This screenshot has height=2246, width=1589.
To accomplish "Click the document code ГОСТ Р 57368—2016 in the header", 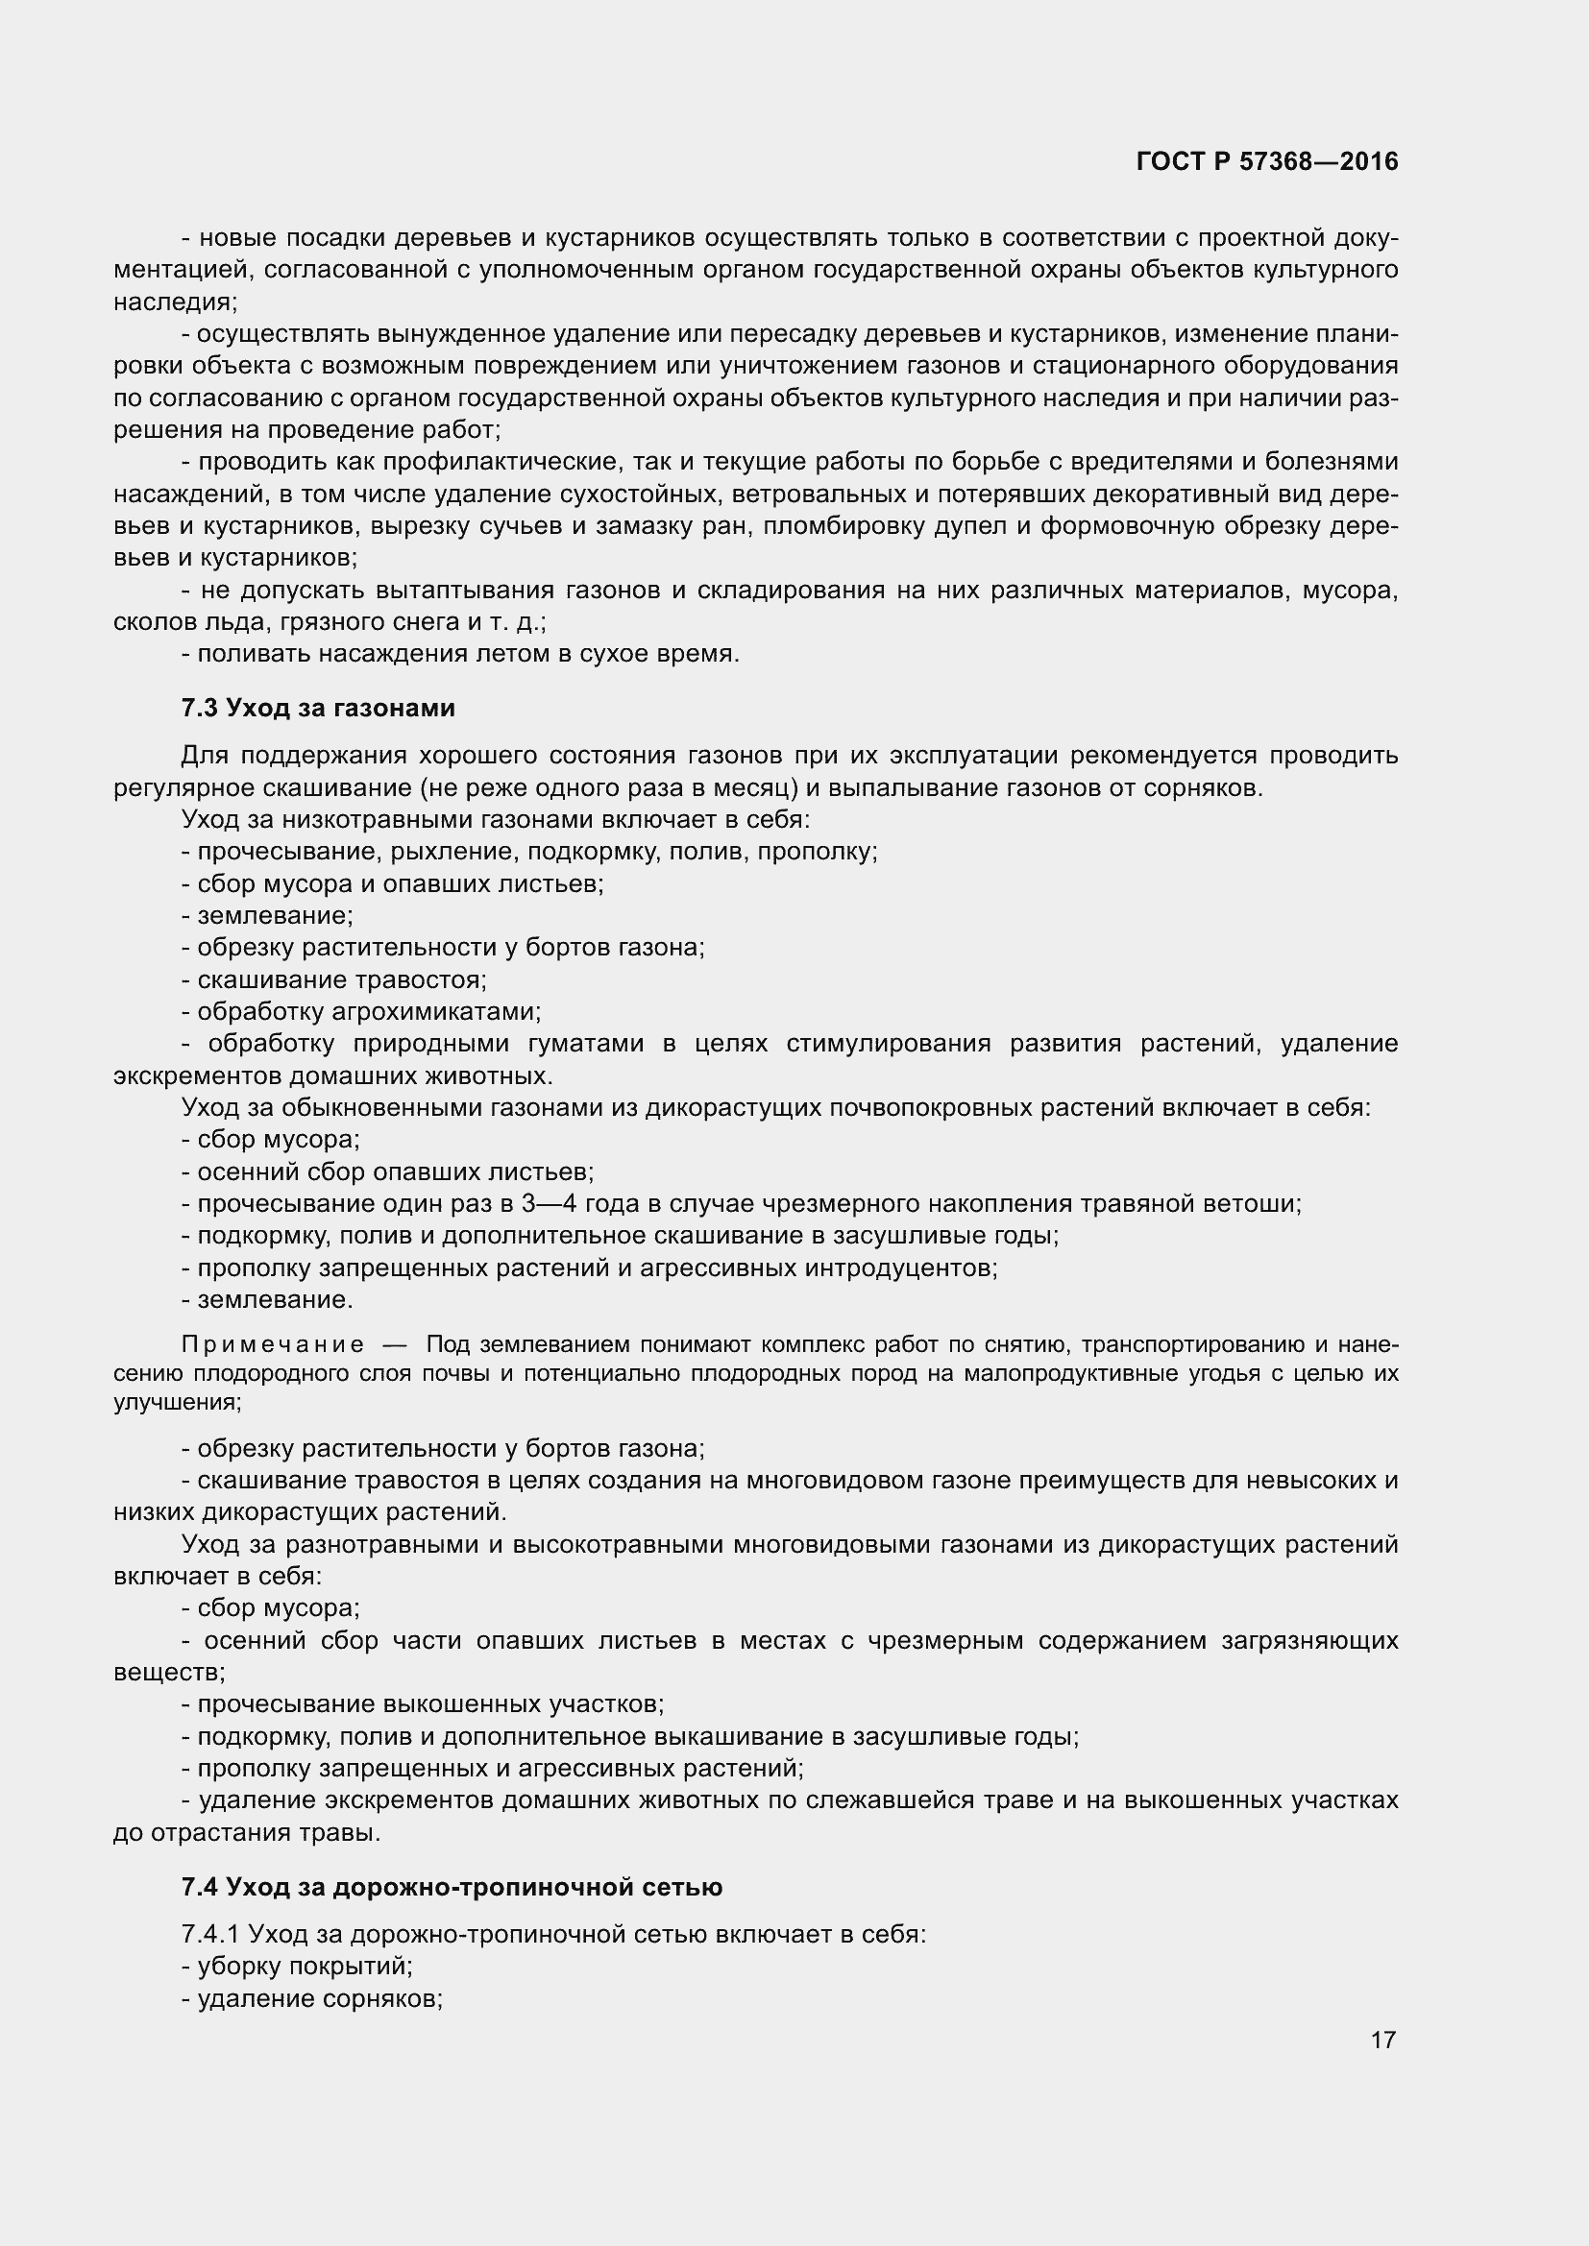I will pyautogui.click(x=1267, y=161).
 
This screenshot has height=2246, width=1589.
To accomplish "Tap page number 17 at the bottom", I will pyautogui.click(x=1382, y=2040).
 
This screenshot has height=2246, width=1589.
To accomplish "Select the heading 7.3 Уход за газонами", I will pyautogui.click(x=318, y=708).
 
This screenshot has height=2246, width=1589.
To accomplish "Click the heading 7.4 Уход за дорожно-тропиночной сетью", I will pyautogui.click(x=452, y=1887).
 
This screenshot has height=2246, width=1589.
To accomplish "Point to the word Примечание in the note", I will pyautogui.click(x=273, y=1344).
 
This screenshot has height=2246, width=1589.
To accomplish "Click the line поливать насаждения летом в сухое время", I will pyautogui.click(x=461, y=654).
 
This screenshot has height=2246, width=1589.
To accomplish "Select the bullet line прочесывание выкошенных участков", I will pyautogui.click(x=424, y=1704).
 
